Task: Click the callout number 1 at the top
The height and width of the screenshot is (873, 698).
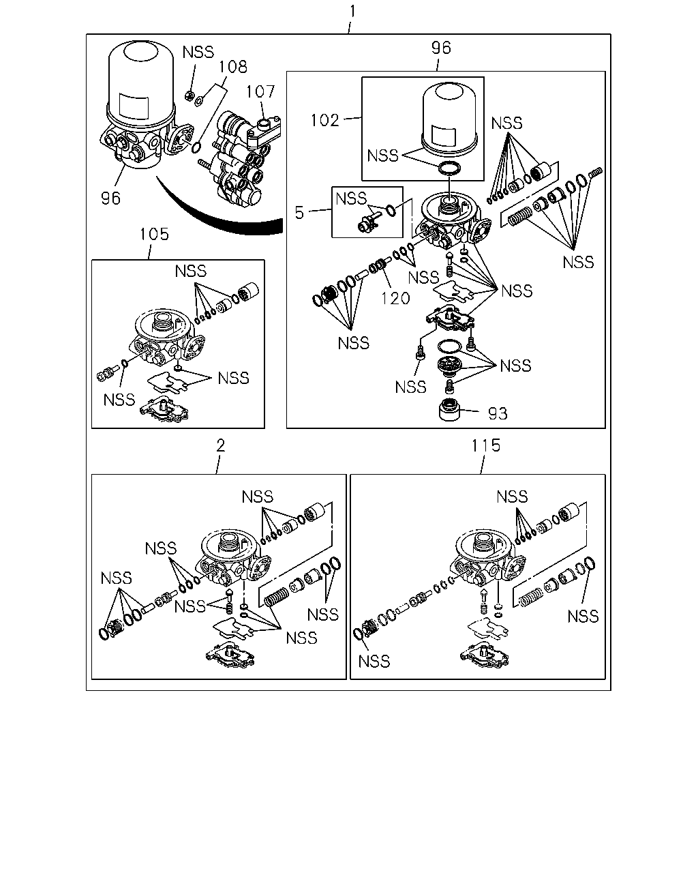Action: click(x=353, y=11)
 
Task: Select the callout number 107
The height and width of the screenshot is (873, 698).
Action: click(x=261, y=91)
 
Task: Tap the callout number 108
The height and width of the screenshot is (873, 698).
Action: click(x=233, y=67)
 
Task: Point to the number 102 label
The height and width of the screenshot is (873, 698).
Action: click(x=325, y=121)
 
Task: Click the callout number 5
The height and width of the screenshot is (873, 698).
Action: click(x=299, y=213)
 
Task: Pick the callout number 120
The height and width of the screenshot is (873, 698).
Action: click(x=395, y=299)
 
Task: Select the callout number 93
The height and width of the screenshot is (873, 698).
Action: click(x=498, y=414)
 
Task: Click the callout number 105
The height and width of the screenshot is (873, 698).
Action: click(x=154, y=234)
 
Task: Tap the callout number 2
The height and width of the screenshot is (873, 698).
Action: click(x=221, y=446)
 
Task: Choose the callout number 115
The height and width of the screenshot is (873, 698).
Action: click(x=486, y=446)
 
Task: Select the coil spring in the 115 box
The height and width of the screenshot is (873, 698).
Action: click(x=530, y=597)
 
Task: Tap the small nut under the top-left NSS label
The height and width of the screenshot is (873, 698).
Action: click(x=189, y=96)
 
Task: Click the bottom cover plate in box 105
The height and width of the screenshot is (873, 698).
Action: click(x=164, y=409)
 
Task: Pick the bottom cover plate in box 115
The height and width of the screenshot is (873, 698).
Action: click(x=484, y=655)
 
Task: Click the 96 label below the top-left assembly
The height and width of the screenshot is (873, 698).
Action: click(x=110, y=198)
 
